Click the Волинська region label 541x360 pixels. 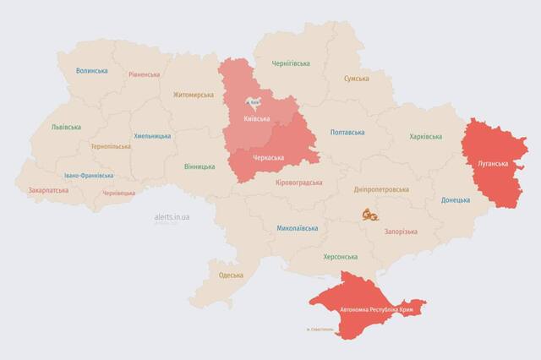(91, 71)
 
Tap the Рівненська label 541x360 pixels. (144, 74)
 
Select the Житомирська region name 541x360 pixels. (194, 95)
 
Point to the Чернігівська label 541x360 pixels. (291, 63)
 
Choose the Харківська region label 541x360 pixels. (426, 137)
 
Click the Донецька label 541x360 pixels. (456, 200)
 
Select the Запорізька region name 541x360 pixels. (401, 231)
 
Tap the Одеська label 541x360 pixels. (231, 275)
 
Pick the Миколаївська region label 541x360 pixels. (298, 228)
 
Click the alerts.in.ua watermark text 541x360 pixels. (172, 217)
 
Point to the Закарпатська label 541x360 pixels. (49, 191)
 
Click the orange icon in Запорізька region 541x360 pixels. (369, 215)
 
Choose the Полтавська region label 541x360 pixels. (347, 133)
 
